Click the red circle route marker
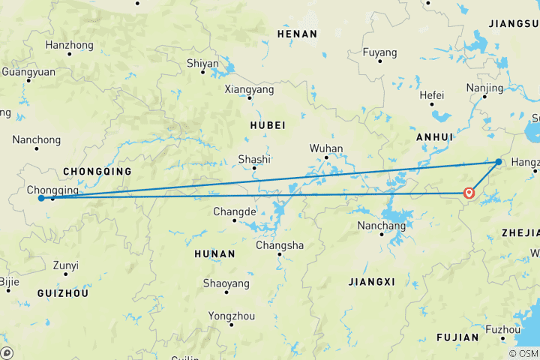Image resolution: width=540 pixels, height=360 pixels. (x=469, y=193)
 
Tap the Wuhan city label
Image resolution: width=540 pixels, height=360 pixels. (x=325, y=148)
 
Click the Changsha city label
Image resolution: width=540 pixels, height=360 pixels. (x=280, y=245)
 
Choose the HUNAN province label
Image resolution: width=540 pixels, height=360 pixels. (x=214, y=254)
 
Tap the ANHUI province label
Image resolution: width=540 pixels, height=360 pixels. (x=435, y=137)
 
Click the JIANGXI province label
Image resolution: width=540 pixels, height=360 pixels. (x=371, y=282)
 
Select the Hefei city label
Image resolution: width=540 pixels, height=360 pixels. (x=432, y=95)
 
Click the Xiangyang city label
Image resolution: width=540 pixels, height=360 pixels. (x=249, y=89)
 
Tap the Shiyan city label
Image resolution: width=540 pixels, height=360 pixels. (x=202, y=64)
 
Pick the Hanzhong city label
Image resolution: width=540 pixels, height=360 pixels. (x=69, y=45)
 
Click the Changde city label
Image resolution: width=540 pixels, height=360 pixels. (x=235, y=211)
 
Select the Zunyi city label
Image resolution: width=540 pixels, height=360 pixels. (x=65, y=265)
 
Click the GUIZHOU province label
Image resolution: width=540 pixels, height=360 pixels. (x=63, y=293)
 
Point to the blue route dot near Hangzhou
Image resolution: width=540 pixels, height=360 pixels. (x=499, y=162)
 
